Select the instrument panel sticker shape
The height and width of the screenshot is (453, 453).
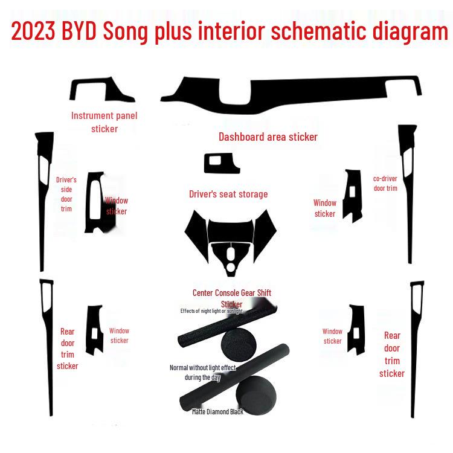(x=100, y=91)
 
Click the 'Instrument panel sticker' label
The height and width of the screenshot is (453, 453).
(x=104, y=122)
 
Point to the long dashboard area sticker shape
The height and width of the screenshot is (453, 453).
(x=290, y=94)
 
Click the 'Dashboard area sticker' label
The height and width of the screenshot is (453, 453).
(x=268, y=137)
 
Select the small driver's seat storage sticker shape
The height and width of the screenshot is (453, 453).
(x=222, y=163)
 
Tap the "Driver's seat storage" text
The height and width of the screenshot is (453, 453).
(x=228, y=194)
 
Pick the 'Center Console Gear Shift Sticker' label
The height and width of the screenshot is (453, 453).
(x=231, y=298)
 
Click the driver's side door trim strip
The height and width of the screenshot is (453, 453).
(x=43, y=199)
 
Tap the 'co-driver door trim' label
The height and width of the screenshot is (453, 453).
(x=385, y=183)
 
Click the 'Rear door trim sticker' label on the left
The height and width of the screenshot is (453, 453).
(x=67, y=349)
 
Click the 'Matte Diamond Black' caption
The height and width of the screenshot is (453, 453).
(x=217, y=411)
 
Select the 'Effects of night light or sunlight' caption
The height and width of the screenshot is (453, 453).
(x=211, y=311)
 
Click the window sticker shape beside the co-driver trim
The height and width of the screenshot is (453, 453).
(x=352, y=196)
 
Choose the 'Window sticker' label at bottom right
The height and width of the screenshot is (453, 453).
(x=332, y=336)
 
